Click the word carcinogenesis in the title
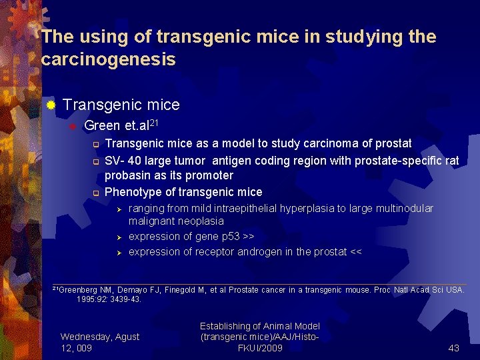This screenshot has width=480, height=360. point(109,60)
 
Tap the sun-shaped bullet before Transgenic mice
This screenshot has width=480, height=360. point(50,105)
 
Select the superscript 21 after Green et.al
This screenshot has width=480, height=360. point(152,122)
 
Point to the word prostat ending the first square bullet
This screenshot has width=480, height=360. point(393,143)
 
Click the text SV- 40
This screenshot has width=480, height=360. point(121,161)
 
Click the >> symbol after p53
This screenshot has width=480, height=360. point(248,237)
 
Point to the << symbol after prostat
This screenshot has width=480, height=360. point(355,252)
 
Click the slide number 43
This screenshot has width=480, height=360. point(454,347)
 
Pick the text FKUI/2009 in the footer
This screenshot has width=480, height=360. point(260,348)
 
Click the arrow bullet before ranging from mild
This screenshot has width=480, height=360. point(117,209)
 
